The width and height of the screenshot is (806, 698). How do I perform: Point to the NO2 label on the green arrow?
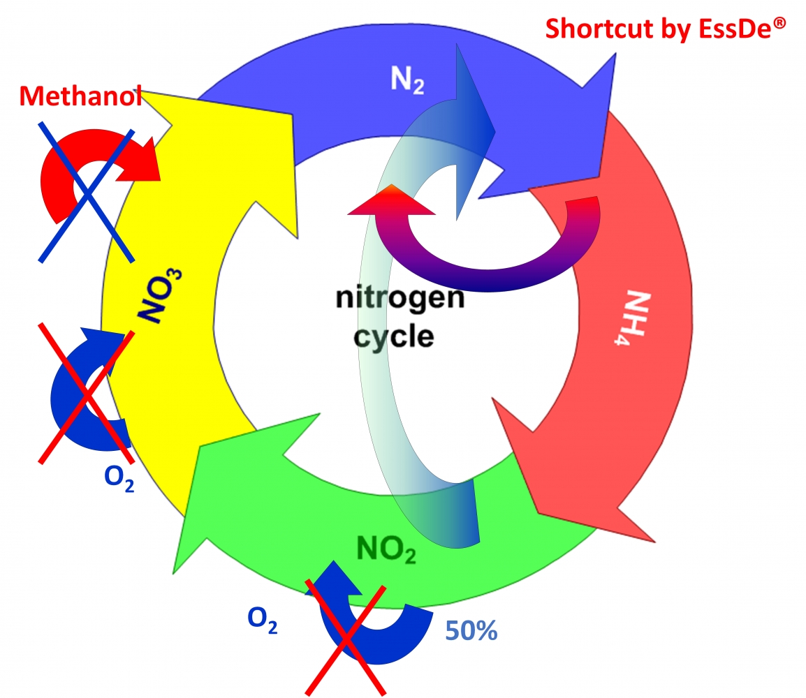(386, 549)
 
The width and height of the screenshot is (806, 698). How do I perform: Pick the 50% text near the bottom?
(471, 632)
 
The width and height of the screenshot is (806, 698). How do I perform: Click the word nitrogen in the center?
(400, 298)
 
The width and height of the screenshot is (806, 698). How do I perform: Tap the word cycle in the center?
(395, 336)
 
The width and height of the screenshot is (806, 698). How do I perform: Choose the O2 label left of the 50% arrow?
(263, 619)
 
